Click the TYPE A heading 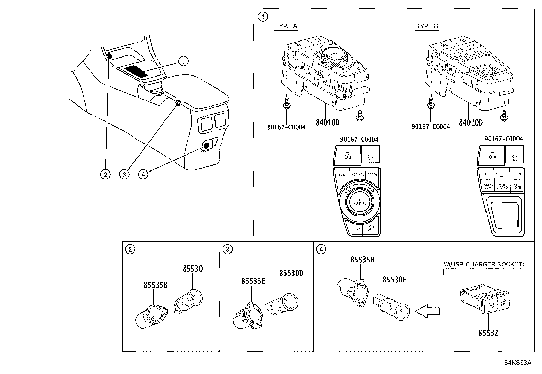click(286, 26)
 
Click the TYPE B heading click(427, 26)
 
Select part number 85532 click(488, 333)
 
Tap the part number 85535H click(363, 260)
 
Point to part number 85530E click(394, 280)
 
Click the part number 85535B click(155, 285)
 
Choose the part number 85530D click(291, 273)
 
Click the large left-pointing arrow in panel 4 click(428, 311)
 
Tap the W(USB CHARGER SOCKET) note click(484, 264)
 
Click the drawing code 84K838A click(517, 362)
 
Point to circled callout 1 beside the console click(184, 61)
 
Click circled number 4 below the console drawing click(143, 174)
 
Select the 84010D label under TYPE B click(471, 123)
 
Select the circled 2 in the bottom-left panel click(130, 249)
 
